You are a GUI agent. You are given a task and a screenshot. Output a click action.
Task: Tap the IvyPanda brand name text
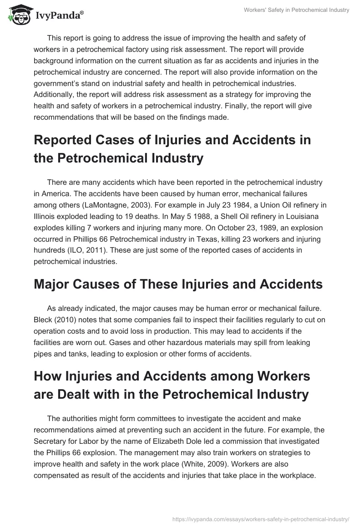[58, 15]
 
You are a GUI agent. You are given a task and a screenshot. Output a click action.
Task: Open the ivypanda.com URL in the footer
[261, 518]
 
